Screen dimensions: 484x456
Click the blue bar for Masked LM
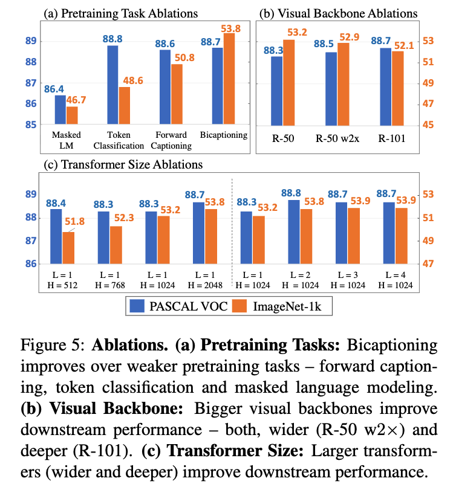coord(60,110)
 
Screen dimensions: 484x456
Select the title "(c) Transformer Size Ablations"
coord(123,164)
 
